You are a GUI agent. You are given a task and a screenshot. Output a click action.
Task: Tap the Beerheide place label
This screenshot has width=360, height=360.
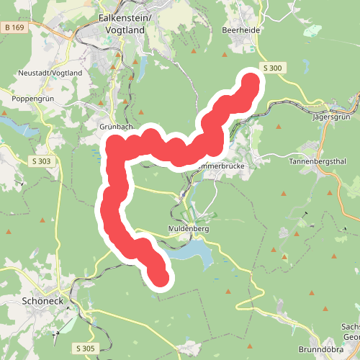click(x=240, y=30)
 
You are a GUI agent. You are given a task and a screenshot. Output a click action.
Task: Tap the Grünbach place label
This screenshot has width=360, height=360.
click(x=114, y=126)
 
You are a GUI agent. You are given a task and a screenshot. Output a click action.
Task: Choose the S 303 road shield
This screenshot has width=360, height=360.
click(x=40, y=161)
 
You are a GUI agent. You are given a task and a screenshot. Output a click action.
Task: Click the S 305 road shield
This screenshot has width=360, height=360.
click(x=84, y=348)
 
